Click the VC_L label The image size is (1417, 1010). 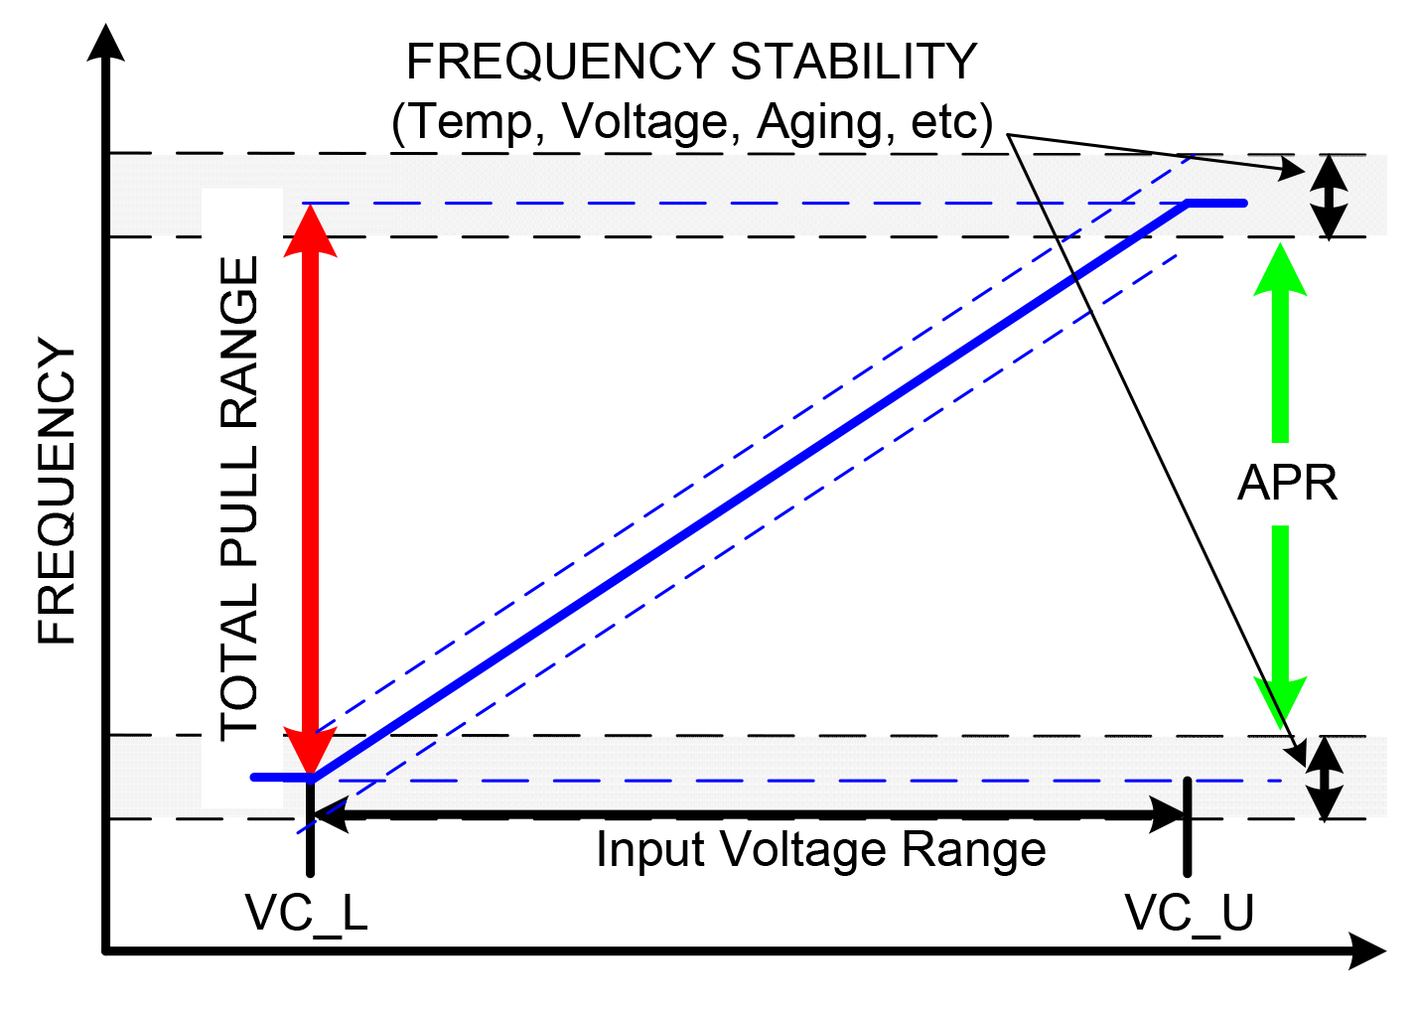coord(307,913)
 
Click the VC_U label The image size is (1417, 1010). coord(1189,913)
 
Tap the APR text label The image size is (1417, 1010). coord(1287,484)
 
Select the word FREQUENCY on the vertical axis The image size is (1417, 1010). coord(58,493)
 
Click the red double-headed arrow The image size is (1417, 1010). coord(311,487)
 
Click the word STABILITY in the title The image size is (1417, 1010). coord(854,63)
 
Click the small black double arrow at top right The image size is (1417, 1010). coord(1330,196)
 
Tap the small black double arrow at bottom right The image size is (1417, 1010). coord(1324,778)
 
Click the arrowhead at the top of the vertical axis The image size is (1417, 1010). coord(105,45)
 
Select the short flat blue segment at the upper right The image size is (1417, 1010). coord(1216,203)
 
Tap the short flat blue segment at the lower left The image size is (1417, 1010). coord(281,777)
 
